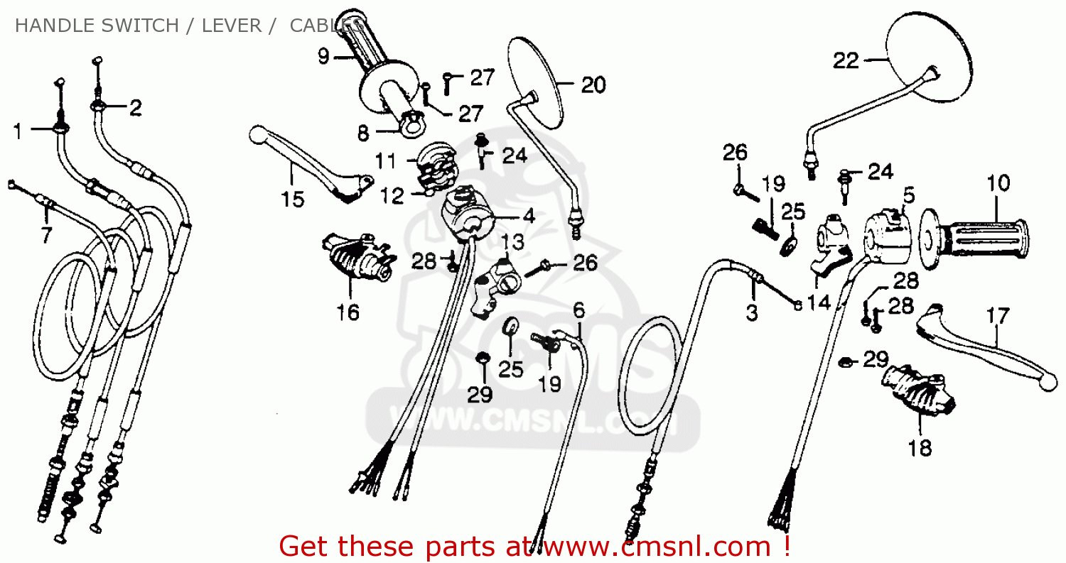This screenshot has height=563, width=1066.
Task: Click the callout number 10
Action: [x=997, y=183]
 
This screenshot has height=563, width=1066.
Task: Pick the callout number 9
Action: [x=323, y=56]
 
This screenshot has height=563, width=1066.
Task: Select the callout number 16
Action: [x=348, y=312]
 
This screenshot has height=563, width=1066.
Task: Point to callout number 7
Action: [x=46, y=235]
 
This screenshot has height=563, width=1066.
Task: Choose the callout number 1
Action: [x=18, y=131]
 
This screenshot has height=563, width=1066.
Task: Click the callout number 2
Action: [x=135, y=108]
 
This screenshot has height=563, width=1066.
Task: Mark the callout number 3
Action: [x=752, y=312]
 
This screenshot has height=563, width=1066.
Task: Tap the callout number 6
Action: [x=579, y=310]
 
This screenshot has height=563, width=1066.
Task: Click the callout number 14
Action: [x=819, y=302]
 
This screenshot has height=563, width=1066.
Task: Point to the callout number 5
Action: [x=908, y=194]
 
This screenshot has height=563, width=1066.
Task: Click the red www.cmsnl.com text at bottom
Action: [x=652, y=547]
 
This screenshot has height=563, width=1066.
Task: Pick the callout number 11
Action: [x=385, y=162]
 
